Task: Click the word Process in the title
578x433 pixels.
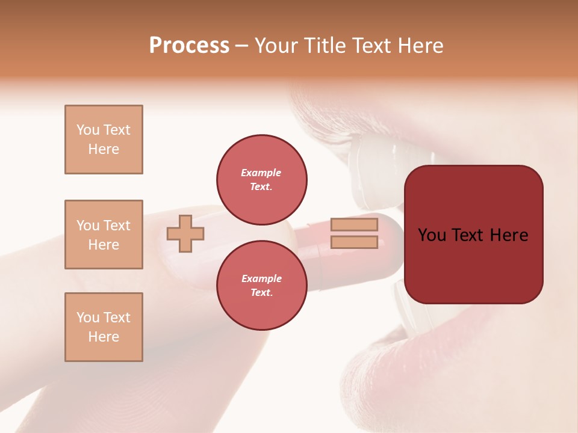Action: tap(189, 46)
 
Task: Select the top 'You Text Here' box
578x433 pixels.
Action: tap(104, 140)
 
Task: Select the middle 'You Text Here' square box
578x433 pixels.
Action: tap(104, 235)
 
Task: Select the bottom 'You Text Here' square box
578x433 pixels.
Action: tap(104, 327)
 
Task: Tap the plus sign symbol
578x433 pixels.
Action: tap(185, 233)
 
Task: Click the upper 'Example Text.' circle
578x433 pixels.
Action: tap(261, 179)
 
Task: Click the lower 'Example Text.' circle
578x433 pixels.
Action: tap(261, 285)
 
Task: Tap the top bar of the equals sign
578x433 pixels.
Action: tap(354, 224)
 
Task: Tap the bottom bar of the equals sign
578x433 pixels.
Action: tap(354, 242)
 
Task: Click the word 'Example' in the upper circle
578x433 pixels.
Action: tap(261, 173)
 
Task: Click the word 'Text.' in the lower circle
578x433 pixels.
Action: tap(261, 292)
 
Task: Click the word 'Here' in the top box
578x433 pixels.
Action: tap(104, 149)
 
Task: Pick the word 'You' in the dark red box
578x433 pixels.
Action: tap(432, 235)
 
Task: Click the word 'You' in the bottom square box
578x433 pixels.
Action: tap(88, 318)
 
